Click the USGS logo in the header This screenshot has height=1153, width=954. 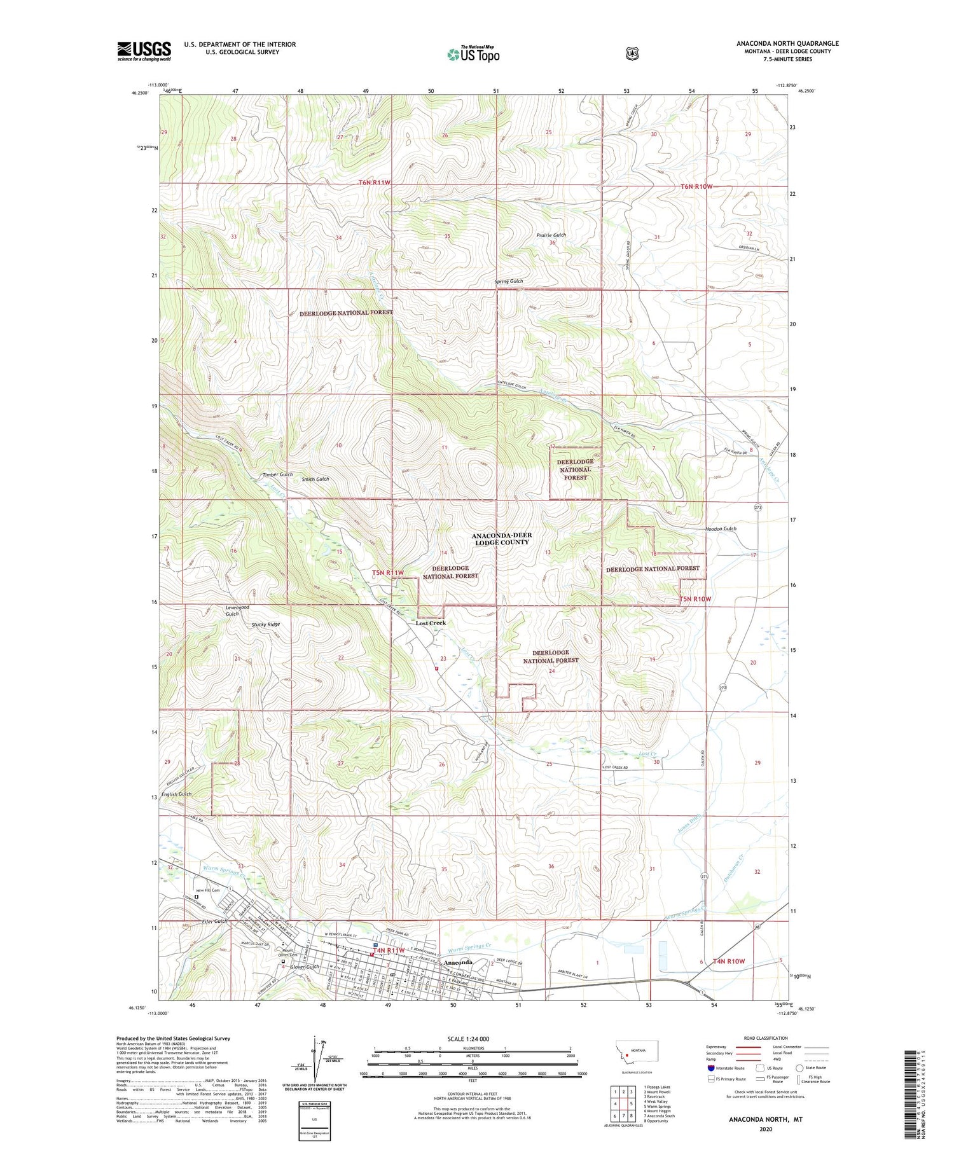pos(144,51)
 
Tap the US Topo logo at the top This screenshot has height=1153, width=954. pos(473,54)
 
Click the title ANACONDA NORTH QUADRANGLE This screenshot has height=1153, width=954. pos(787,43)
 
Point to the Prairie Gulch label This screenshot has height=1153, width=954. pos(551,235)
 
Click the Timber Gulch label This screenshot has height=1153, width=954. pos(277,474)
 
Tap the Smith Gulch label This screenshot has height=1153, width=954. pos(315,479)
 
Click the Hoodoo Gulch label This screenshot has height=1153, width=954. pos(721,528)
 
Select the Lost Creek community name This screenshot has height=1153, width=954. pos(431,623)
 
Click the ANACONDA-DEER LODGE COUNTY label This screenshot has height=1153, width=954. pos(502,539)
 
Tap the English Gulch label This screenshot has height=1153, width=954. pos(176,794)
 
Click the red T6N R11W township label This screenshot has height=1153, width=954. pos(374,183)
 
